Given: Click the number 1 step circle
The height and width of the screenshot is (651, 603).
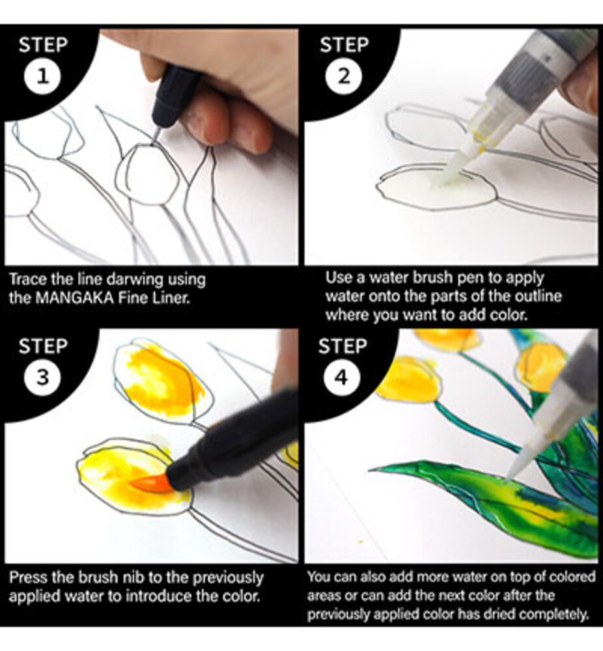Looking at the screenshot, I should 42,77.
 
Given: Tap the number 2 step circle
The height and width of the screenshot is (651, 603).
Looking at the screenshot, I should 343,77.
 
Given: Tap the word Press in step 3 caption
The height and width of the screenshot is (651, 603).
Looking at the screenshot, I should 26,577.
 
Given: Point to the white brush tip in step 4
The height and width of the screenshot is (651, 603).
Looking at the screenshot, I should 514,470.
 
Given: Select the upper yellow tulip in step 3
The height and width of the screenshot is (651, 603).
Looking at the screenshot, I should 160,381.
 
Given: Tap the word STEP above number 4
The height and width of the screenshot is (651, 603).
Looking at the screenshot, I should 343,345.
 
